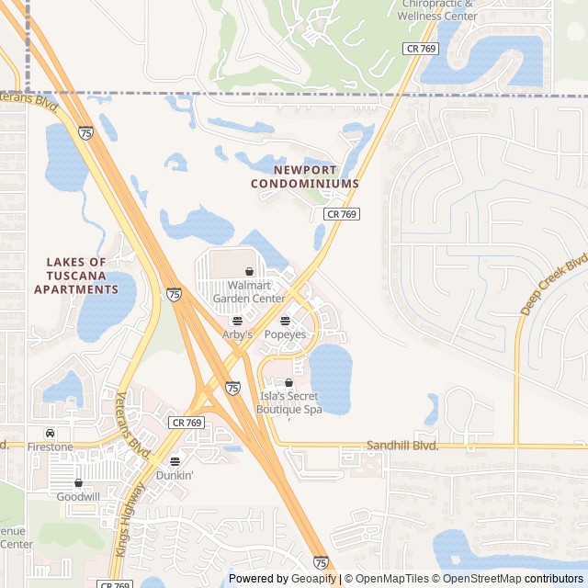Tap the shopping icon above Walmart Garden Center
[249, 272]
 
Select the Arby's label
[237, 335]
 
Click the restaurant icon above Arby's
[237, 321]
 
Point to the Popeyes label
[285, 335]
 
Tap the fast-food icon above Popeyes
[285, 321]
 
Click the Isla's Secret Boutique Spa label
[289, 402]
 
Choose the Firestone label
[50, 447]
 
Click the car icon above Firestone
[50, 433]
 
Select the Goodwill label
[78, 496]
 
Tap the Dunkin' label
[175, 476]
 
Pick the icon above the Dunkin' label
[175, 461]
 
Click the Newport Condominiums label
[305, 177]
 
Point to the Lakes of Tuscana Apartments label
[76, 276]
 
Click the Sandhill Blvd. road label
[402, 446]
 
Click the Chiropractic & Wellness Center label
[440, 10]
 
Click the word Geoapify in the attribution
[314, 579]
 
